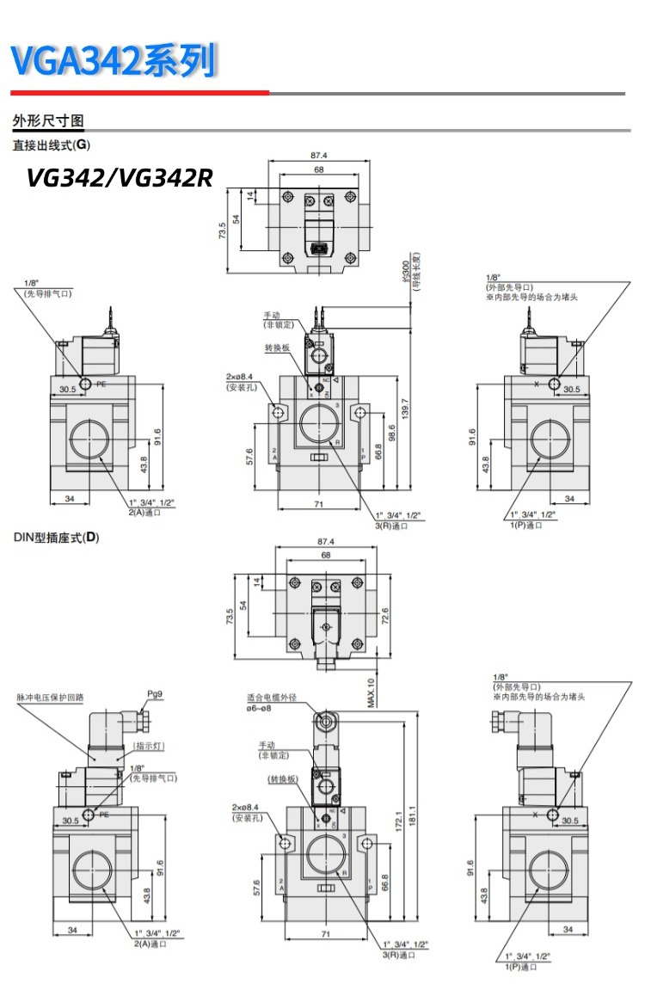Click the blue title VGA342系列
click(x=113, y=62)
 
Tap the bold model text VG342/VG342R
click(x=119, y=177)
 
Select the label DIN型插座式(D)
click(x=57, y=538)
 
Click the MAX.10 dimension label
click(x=371, y=693)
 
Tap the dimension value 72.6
click(x=384, y=617)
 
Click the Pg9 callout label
click(x=155, y=693)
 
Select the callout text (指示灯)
click(x=149, y=747)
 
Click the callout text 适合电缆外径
click(x=271, y=698)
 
